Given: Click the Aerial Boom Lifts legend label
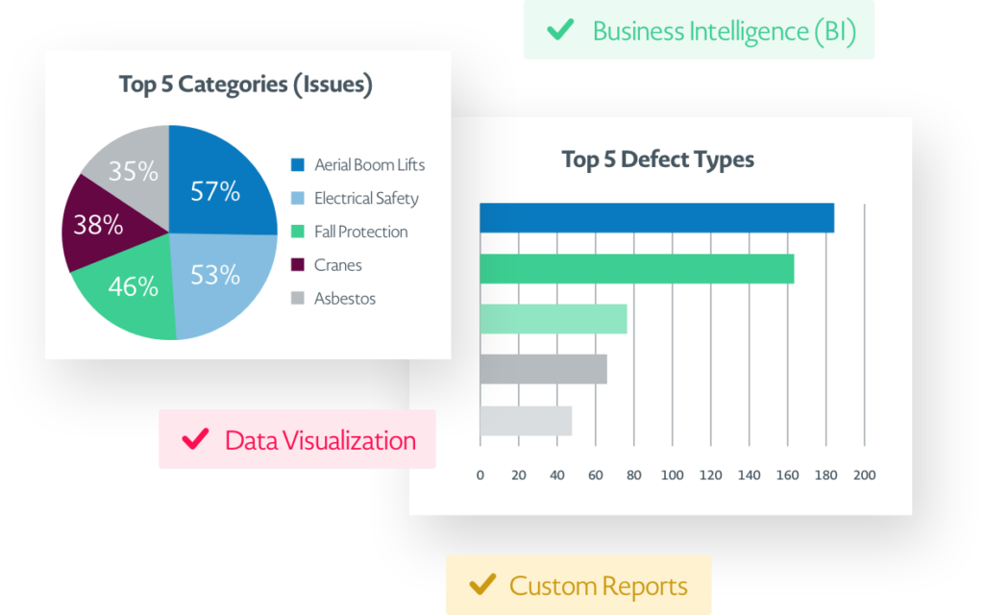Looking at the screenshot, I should pyautogui.click(x=369, y=164).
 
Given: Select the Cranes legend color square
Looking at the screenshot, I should pyautogui.click(x=298, y=265).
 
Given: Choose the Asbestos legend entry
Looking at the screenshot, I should pyautogui.click(x=344, y=299).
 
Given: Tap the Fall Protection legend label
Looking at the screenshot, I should pyautogui.click(x=360, y=232).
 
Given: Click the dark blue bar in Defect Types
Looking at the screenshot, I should pyautogui.click(x=656, y=218).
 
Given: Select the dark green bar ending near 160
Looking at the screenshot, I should pyautogui.click(x=636, y=269).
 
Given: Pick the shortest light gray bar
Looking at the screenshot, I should pyautogui.click(x=526, y=421).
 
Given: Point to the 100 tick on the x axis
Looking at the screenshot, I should pyautogui.click(x=673, y=475).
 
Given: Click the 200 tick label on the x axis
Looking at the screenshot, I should pyautogui.click(x=865, y=475).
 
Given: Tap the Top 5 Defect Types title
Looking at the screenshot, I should pyautogui.click(x=657, y=160).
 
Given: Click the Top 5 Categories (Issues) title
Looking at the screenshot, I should pyautogui.click(x=246, y=85).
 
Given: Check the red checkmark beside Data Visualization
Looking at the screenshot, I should pyautogui.click(x=195, y=439).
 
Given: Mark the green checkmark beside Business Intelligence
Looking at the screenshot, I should pyautogui.click(x=559, y=30).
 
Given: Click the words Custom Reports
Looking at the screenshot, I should pyautogui.click(x=598, y=585).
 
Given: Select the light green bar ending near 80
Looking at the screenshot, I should pyautogui.click(x=553, y=319).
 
